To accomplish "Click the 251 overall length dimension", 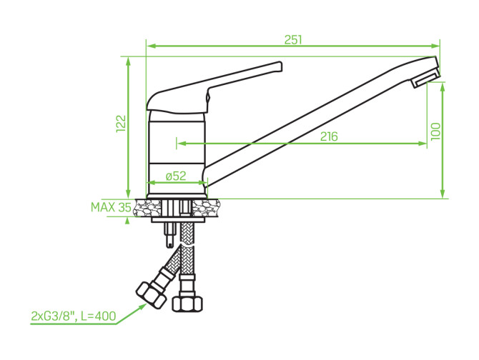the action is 293,40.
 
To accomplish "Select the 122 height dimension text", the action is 122,124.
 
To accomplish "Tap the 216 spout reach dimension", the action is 329,136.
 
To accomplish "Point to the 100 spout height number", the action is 435,131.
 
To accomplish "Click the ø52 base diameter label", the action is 176,176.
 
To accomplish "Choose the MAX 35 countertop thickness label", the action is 112,207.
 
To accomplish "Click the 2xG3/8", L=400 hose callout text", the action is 74,316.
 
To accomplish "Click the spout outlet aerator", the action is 425,79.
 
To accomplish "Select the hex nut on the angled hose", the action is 152,295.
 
